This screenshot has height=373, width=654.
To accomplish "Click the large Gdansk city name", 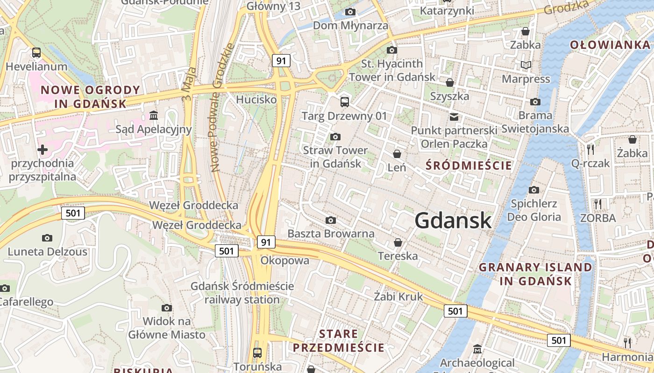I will point(453,221).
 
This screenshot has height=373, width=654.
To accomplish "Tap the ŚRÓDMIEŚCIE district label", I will point(469,166).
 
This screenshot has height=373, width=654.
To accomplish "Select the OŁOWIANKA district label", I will point(610,45).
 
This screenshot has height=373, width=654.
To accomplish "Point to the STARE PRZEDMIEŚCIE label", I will point(338,341).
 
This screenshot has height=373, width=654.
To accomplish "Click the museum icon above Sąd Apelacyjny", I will point(154,115).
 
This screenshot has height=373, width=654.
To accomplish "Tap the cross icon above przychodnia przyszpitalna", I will point(43,150).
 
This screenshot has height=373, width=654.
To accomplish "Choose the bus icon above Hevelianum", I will point(36,53).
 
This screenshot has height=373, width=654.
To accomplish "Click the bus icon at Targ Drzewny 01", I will point(345,102).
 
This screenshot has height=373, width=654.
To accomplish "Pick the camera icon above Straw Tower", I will point(335,137).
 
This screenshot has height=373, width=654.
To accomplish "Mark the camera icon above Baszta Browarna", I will point(331,220).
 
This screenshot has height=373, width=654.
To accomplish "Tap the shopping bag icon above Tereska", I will point(398,242).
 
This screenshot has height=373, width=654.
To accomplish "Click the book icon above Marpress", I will point(526,65).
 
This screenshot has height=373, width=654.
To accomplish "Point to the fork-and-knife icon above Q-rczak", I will point(590,149).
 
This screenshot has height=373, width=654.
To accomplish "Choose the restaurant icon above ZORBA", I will point(597,204).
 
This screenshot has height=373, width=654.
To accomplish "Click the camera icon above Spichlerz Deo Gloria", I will point(534,190).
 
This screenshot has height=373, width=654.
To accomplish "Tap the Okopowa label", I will point(285,260).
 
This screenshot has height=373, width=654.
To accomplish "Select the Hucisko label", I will point(256,99).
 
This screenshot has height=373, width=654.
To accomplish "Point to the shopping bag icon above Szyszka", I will point(449,83).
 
